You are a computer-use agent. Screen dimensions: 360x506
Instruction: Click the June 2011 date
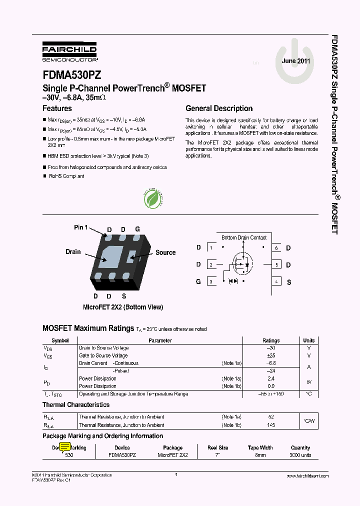click(296, 61)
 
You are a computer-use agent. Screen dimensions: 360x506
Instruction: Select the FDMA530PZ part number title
click(72, 75)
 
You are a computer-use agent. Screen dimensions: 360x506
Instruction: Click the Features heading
click(57, 108)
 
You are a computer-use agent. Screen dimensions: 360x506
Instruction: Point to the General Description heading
click(219, 108)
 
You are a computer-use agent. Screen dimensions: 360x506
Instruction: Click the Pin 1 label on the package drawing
click(80, 227)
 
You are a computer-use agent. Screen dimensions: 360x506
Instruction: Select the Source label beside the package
click(165, 252)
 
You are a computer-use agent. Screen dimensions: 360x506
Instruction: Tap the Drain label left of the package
click(73, 251)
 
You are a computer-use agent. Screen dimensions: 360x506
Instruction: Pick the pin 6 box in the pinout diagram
click(276, 248)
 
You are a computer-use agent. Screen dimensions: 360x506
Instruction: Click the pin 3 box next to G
click(211, 282)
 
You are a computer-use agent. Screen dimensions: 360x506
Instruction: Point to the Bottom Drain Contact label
click(244, 237)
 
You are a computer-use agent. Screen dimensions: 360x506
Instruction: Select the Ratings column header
click(271, 340)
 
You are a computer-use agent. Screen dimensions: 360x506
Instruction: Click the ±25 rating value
click(271, 355)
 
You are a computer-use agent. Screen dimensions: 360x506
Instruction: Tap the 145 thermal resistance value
click(271, 425)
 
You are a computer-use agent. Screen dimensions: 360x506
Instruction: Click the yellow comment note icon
click(65, 447)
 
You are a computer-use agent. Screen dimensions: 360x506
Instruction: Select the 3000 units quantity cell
click(300, 455)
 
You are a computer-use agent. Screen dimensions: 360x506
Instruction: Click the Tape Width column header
click(260, 448)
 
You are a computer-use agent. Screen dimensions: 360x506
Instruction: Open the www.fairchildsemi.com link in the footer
click(307, 475)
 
